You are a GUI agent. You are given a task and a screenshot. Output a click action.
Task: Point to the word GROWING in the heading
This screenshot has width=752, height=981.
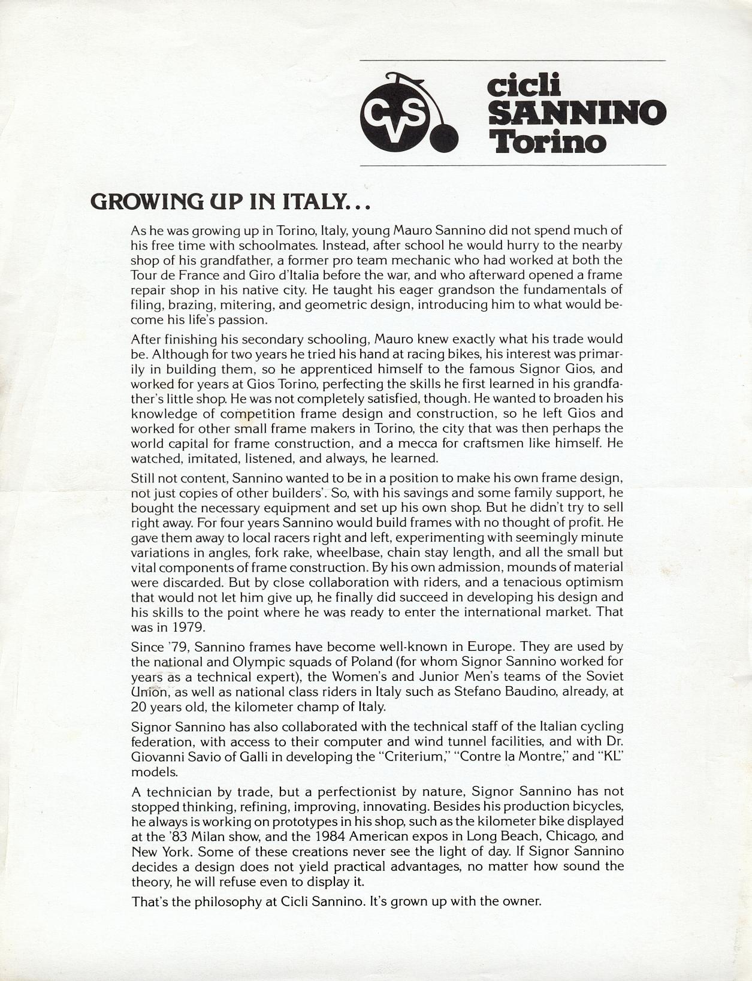click(x=146, y=201)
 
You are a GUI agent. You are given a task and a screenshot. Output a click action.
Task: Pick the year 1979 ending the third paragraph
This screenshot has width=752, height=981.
click(x=189, y=627)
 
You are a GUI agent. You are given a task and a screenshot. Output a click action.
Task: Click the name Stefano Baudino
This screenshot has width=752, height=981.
click(x=500, y=692)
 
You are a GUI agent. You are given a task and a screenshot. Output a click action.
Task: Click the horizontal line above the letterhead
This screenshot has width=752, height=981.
click(x=512, y=61)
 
